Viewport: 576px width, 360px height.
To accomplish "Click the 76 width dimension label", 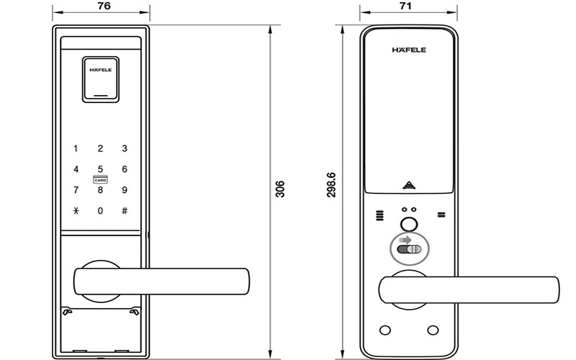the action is pos(104,6).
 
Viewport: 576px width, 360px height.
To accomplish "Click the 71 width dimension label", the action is pos(405,6).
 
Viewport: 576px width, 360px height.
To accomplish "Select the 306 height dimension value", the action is pos(280,189).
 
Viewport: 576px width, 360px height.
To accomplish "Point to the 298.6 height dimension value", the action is pos(331,185).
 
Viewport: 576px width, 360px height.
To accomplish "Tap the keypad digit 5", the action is pos(100,169).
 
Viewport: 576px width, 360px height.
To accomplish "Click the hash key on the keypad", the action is pos(125,211).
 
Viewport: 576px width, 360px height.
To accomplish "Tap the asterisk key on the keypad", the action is pos(76,211).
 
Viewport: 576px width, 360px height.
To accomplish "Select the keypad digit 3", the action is pos(125,148).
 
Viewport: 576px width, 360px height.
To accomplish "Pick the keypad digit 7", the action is pos(76,190).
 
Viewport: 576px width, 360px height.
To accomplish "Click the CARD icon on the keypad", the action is pos(100,179).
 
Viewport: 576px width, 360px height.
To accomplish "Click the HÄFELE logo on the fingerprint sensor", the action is pos(101,70).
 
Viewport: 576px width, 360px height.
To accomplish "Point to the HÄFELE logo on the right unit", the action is pos(409,50).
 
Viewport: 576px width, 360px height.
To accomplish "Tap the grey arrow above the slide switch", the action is pos(405,240).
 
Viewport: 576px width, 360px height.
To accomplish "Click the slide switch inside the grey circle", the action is pos(409,249).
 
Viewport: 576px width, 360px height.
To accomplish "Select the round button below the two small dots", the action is pos(409,225).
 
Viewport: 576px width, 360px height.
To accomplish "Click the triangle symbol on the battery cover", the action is pos(409,185).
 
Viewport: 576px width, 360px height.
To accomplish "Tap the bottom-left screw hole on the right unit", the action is pos(385,330).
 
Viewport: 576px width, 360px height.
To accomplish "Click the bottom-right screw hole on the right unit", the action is pos(433,330).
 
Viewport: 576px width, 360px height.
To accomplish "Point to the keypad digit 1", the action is pos(76,148).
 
